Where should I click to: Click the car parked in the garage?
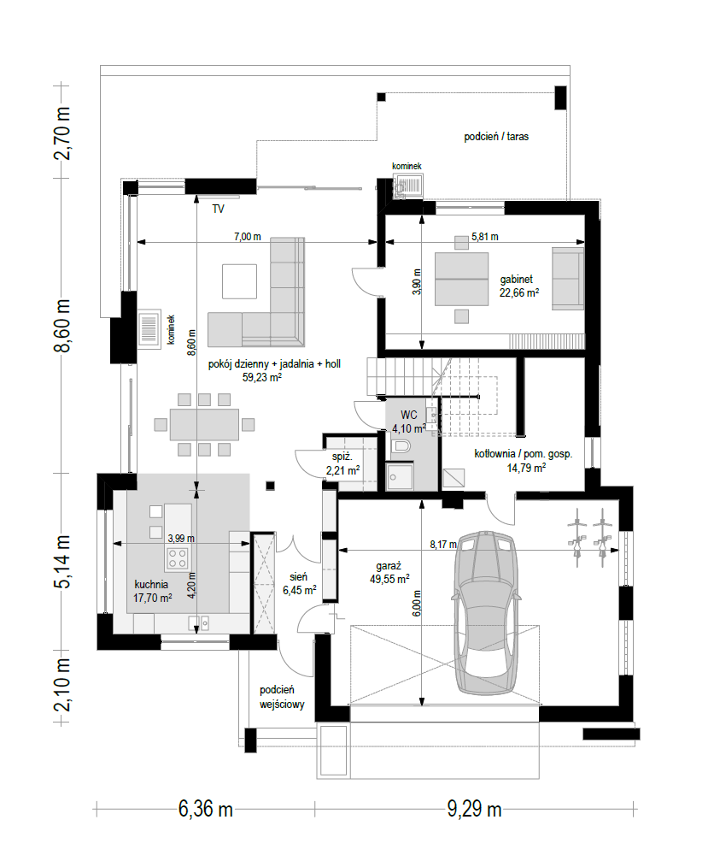click(486, 613)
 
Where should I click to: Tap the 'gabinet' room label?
click(517, 280)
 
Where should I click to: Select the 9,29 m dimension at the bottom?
click(474, 810)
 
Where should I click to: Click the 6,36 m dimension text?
click(206, 810)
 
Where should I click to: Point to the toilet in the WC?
click(401, 445)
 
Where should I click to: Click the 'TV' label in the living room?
click(218, 209)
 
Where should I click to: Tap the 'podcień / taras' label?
click(496, 136)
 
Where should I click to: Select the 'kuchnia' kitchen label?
click(151, 585)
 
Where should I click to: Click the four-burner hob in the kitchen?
click(178, 558)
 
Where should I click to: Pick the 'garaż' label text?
click(389, 566)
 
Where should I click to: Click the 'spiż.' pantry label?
click(342, 457)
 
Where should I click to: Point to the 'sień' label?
click(298, 576)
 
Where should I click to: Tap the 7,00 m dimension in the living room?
click(248, 237)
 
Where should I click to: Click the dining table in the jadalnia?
click(204, 425)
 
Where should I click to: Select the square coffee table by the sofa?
click(240, 281)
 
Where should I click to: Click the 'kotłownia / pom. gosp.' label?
click(523, 454)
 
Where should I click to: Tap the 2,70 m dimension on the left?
click(62, 133)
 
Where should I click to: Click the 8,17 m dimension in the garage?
click(443, 545)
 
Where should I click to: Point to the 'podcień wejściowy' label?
click(282, 697)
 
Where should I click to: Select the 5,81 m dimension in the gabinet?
click(485, 237)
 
